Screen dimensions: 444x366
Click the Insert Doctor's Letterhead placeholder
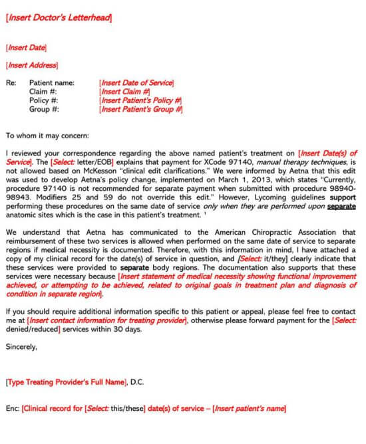pos(59,18)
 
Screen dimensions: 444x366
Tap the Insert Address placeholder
pos(31,65)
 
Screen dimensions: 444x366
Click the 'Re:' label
pos(11,83)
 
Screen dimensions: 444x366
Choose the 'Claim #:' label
pos(44,92)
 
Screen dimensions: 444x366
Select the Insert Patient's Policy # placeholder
pos(140,100)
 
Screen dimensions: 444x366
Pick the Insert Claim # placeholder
pos(124,92)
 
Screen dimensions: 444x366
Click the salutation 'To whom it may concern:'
pos(47,136)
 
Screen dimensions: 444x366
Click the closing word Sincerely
pos(21,346)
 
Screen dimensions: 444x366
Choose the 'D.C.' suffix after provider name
pos(135,382)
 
